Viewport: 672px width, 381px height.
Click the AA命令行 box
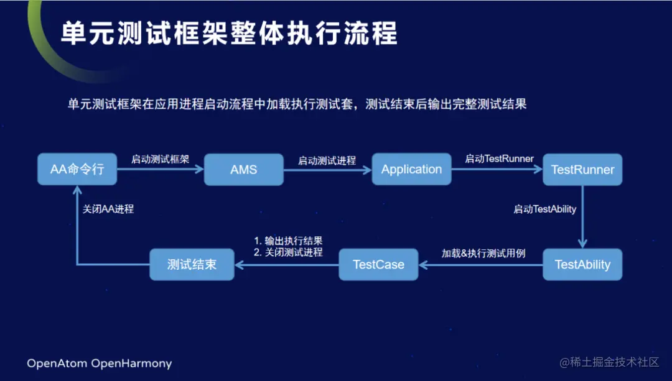tap(77, 169)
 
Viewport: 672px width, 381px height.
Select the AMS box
tap(243, 170)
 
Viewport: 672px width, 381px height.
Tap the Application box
tap(411, 169)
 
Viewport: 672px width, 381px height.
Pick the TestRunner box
tap(582, 170)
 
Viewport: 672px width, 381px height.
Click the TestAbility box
tap(582, 264)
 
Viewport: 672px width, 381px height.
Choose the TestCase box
tap(378, 264)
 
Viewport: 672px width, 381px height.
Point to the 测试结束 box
tap(192, 264)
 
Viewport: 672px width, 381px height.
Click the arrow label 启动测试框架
tap(160, 159)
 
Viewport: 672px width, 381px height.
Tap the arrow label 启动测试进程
tap(327, 160)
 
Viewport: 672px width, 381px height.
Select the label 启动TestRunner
tap(499, 158)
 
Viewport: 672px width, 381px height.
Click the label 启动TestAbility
tap(544, 209)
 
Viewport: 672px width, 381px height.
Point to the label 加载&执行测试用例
tap(483, 253)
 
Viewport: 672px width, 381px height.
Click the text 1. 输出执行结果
tap(288, 241)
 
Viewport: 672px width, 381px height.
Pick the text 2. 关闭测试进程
tap(288, 252)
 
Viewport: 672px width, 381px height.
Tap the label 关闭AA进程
tap(108, 209)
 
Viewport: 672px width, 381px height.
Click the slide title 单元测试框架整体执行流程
tap(229, 34)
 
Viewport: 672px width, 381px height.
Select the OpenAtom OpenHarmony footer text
tap(99, 363)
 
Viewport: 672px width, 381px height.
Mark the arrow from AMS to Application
tap(327, 170)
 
